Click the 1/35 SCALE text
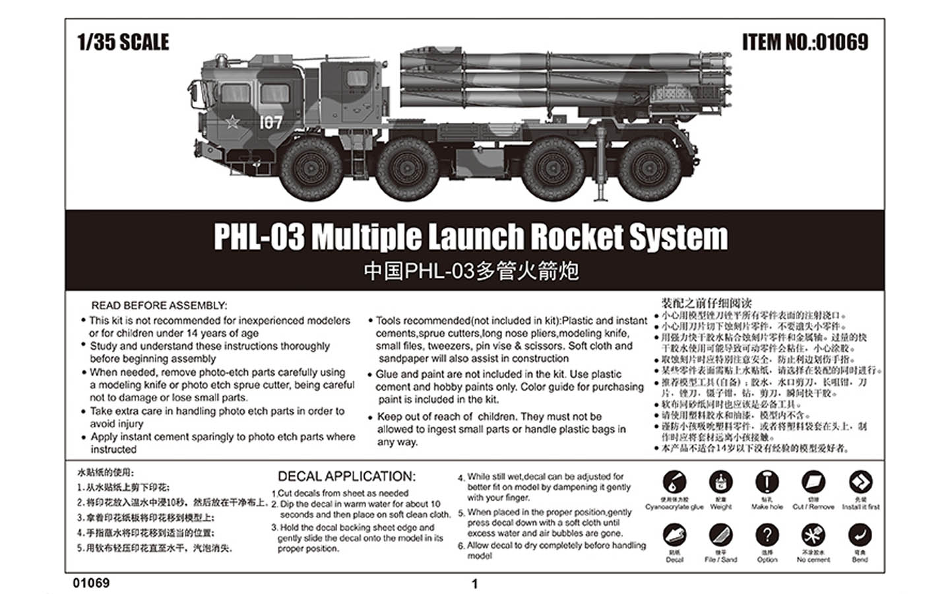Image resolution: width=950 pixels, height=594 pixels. pyautogui.click(x=123, y=42)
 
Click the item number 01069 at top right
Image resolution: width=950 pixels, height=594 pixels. pyautogui.click(x=805, y=42)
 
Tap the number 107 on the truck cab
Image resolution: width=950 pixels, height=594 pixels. pyautogui.click(x=270, y=122)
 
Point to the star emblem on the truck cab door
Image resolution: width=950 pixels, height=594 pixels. pyautogui.click(x=232, y=121)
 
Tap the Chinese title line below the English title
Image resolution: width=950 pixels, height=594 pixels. pyautogui.click(x=471, y=271)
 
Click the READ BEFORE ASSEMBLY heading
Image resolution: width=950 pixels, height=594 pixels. pyautogui.click(x=159, y=306)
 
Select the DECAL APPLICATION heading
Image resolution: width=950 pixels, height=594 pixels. pyautogui.click(x=346, y=477)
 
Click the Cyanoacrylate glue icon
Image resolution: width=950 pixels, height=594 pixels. pyautogui.click(x=674, y=482)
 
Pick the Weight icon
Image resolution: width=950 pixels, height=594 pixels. pyautogui.click(x=720, y=482)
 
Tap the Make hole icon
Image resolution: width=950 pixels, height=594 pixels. pyautogui.click(x=767, y=482)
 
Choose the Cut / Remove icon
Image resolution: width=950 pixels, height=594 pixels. pyautogui.click(x=813, y=482)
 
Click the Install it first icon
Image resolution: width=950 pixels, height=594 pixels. pyautogui.click(x=860, y=482)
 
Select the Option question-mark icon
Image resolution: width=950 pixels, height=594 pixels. pyautogui.click(x=767, y=535)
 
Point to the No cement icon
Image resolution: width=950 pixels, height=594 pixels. pyautogui.click(x=813, y=535)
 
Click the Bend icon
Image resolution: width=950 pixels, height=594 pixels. pyautogui.click(x=860, y=535)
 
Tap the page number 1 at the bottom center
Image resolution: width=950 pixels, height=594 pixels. pyautogui.click(x=474, y=583)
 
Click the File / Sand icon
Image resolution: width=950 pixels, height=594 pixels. pyautogui.click(x=720, y=535)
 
